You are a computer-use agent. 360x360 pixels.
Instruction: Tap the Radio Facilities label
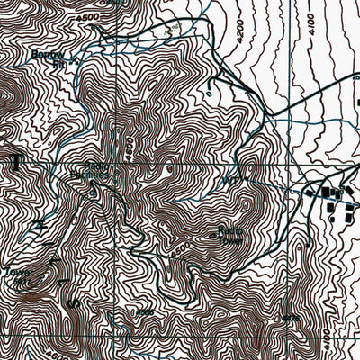[x=100, y=170]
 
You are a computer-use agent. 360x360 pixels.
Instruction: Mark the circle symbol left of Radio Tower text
[x=213, y=236]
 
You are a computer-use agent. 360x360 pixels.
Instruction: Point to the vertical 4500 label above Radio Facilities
[x=129, y=145]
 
